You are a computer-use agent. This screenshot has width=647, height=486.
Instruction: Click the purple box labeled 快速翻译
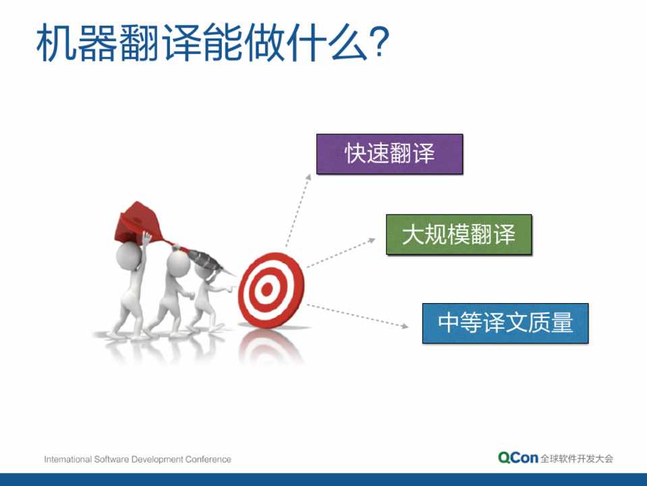point(389,154)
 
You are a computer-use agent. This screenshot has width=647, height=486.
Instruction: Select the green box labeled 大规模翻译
point(459,234)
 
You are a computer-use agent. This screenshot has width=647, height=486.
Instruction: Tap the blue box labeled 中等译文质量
point(505,323)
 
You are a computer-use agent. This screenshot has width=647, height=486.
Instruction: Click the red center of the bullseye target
point(267,290)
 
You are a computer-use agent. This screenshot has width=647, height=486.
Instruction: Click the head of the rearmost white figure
point(129,256)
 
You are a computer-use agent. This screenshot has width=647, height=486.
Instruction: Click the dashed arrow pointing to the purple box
point(298,211)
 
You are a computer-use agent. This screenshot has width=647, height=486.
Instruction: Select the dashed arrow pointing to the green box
point(341,252)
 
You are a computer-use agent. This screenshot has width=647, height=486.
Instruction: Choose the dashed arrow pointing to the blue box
point(358,316)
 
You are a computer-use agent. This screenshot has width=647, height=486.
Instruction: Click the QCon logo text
point(518,458)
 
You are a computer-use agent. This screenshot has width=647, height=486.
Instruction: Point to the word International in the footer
point(68,459)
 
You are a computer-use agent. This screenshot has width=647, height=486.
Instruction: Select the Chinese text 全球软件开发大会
point(577,458)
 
